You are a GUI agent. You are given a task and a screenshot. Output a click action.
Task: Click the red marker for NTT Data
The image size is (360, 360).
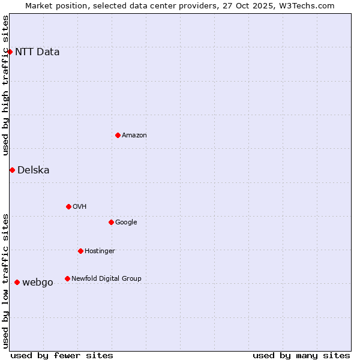pos(10,52)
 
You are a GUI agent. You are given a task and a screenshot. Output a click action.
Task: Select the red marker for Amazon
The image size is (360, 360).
pos(118,135)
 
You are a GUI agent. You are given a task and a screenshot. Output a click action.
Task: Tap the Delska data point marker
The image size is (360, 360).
pos(12,170)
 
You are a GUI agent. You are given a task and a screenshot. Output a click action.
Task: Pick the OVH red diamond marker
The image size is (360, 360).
pos(68,206)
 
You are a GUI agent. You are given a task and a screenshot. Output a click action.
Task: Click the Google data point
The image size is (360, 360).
pos(111,222)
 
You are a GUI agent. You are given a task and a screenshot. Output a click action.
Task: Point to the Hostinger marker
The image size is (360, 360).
pos(80,251)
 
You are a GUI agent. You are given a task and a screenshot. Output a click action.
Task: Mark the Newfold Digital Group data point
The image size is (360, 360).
pos(67,278)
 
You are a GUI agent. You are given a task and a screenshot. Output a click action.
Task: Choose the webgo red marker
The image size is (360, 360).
pos(17,282)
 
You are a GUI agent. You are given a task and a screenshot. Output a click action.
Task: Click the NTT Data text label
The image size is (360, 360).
pos(37,52)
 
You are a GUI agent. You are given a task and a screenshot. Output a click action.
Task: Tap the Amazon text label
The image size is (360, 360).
pos(134,135)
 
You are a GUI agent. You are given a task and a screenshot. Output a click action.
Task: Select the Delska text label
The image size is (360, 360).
pos(34,170)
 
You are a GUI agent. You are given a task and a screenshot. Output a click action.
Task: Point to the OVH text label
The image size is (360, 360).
pos(80,206)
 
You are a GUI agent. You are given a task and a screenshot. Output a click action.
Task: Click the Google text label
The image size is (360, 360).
pos(126,222)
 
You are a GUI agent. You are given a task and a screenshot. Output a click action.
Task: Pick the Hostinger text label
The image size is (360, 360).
pos(100,251)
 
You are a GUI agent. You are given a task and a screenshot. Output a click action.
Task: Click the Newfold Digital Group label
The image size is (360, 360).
pos(106,278)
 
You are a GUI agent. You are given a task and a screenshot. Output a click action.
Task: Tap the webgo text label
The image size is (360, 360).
pos(38,282)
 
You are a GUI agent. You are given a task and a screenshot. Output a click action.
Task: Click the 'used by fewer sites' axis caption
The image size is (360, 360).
pos(62,355)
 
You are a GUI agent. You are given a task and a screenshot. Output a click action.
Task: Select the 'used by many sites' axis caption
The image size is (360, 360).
pos(301,355)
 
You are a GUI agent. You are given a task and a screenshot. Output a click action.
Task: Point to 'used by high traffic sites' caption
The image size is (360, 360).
pos(6,85)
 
